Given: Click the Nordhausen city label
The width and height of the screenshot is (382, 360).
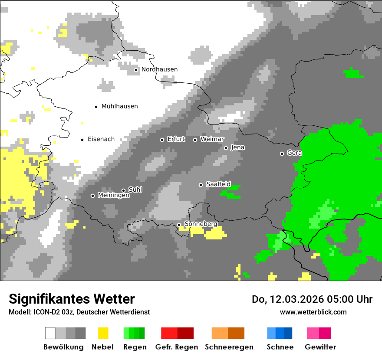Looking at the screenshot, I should (159, 69).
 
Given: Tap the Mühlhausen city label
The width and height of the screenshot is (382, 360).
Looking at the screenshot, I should (119, 106).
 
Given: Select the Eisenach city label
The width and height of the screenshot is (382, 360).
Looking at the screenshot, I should (101, 139).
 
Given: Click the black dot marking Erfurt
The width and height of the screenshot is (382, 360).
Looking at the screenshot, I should (162, 140).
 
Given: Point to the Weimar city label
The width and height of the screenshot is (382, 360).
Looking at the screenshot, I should (212, 139).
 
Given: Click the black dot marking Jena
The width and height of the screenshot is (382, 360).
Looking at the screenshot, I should (226, 148).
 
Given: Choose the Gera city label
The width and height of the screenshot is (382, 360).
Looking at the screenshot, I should (294, 153).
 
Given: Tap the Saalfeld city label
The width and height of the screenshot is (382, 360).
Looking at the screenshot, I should (218, 184).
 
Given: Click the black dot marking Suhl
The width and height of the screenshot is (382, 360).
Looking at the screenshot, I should (123, 190).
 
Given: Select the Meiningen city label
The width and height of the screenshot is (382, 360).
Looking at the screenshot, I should (113, 196).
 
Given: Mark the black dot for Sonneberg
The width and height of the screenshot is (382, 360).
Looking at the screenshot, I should (179, 225).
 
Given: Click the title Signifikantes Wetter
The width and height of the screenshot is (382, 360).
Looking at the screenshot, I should (72, 299).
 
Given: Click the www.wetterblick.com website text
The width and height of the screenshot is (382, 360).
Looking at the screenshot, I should (313, 312).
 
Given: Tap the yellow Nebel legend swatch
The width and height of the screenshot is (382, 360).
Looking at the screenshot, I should (103, 333).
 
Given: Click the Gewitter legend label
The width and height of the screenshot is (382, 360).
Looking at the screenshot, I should (320, 347).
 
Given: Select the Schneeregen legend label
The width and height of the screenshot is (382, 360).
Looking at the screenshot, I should (229, 347).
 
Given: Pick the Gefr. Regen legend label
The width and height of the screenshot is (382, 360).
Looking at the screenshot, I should (176, 347).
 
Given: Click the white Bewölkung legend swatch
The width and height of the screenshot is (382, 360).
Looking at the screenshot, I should (50, 333).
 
